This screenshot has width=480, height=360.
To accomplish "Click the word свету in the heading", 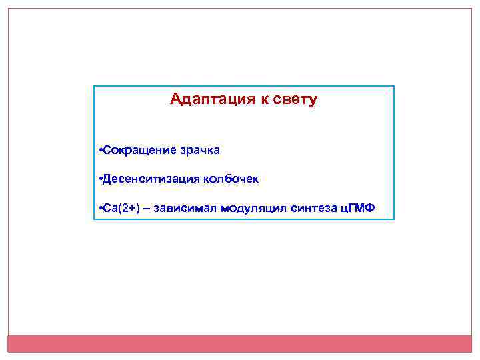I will click(x=296, y=100).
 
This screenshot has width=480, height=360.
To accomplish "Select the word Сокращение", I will click(x=139, y=150).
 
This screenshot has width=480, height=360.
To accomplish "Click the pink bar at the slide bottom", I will click(x=240, y=343).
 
